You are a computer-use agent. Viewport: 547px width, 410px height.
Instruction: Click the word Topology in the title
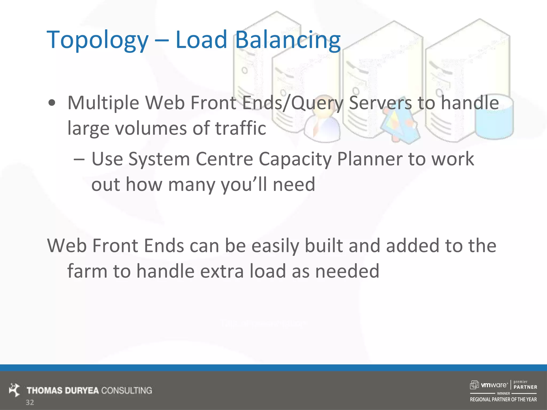[97, 40]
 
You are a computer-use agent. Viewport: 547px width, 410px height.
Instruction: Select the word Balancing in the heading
[288, 40]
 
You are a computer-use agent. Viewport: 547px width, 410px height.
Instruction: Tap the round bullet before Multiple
[52, 103]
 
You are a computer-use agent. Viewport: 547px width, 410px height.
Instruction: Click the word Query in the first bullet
[317, 103]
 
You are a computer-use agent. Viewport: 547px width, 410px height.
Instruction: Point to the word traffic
[241, 128]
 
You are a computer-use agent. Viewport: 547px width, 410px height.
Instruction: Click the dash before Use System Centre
[79, 160]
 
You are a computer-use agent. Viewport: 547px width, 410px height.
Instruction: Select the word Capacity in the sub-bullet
[295, 160]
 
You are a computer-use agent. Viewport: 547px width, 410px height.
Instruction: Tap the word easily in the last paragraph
[275, 246]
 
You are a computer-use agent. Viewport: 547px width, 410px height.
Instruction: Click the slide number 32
[30, 403]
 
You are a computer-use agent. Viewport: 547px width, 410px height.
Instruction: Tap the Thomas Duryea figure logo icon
[14, 390]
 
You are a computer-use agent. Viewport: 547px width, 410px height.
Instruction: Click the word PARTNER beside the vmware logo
[525, 387]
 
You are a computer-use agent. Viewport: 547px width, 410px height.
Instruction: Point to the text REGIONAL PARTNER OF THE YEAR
[503, 400]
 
